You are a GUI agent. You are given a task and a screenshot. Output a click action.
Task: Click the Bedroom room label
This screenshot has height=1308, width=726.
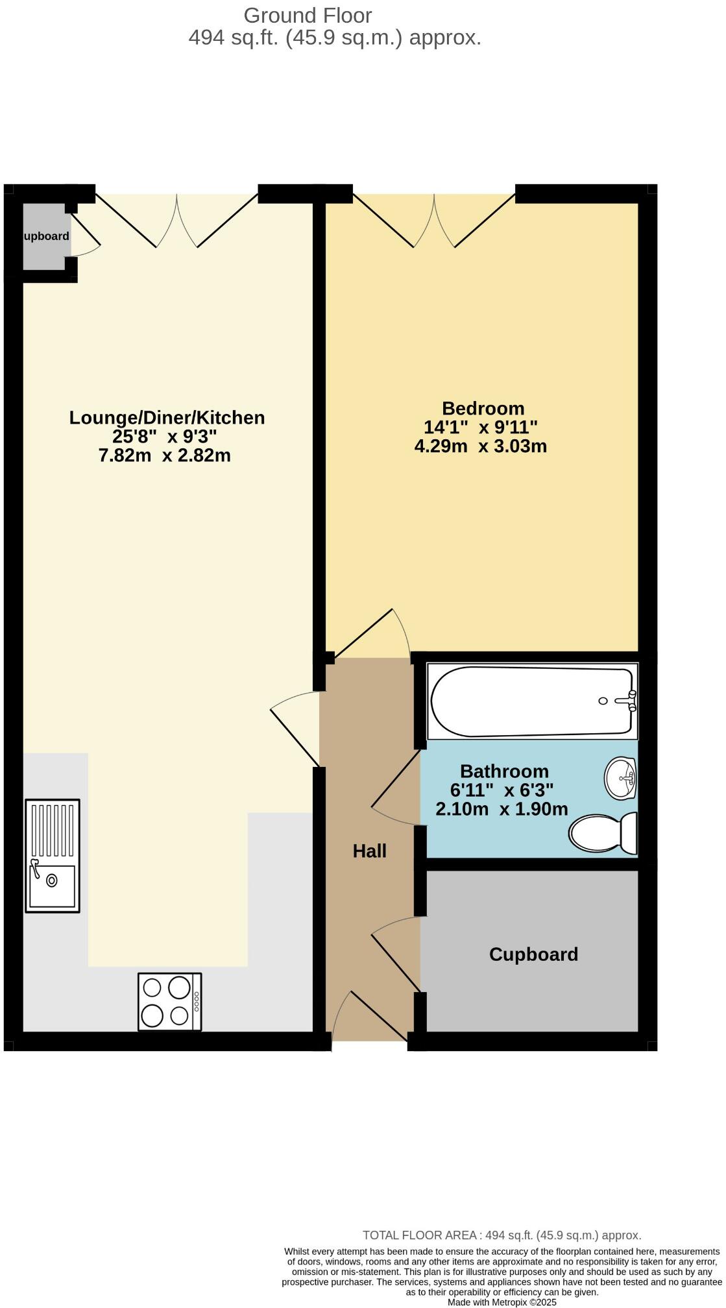(483, 409)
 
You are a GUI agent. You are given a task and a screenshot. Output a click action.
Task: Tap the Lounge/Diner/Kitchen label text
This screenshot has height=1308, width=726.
(167, 418)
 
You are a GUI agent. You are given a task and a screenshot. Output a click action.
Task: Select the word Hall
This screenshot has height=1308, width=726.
(369, 851)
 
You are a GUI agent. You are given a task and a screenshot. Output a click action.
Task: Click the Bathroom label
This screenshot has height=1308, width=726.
(504, 771)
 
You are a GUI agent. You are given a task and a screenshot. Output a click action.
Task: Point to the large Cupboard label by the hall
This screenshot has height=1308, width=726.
(533, 954)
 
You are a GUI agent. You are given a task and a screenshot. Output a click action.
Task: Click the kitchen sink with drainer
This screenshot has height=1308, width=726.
(53, 856)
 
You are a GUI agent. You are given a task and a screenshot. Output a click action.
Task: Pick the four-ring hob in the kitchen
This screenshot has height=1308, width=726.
(169, 1001)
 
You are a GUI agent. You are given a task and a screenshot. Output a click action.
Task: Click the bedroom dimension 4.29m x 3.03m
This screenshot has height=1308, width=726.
(480, 446)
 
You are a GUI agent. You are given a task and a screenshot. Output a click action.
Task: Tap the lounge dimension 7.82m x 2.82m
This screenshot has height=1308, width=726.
(164, 455)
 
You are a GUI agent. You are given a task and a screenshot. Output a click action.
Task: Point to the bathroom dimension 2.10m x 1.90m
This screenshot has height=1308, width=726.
(502, 809)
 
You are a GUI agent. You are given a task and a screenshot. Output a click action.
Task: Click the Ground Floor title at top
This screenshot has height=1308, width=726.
(308, 16)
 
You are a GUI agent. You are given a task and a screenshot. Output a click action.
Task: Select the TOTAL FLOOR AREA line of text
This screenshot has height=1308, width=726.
(502, 1236)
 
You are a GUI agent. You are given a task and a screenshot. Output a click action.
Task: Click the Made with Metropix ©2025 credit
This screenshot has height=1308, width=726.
(502, 1302)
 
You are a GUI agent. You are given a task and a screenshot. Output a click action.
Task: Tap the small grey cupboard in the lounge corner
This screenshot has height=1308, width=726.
(45, 236)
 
